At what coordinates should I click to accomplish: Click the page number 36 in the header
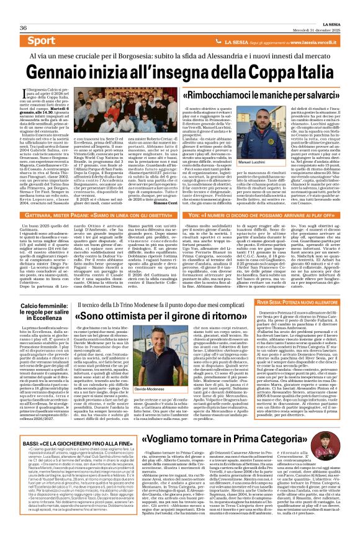click(22, 11)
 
